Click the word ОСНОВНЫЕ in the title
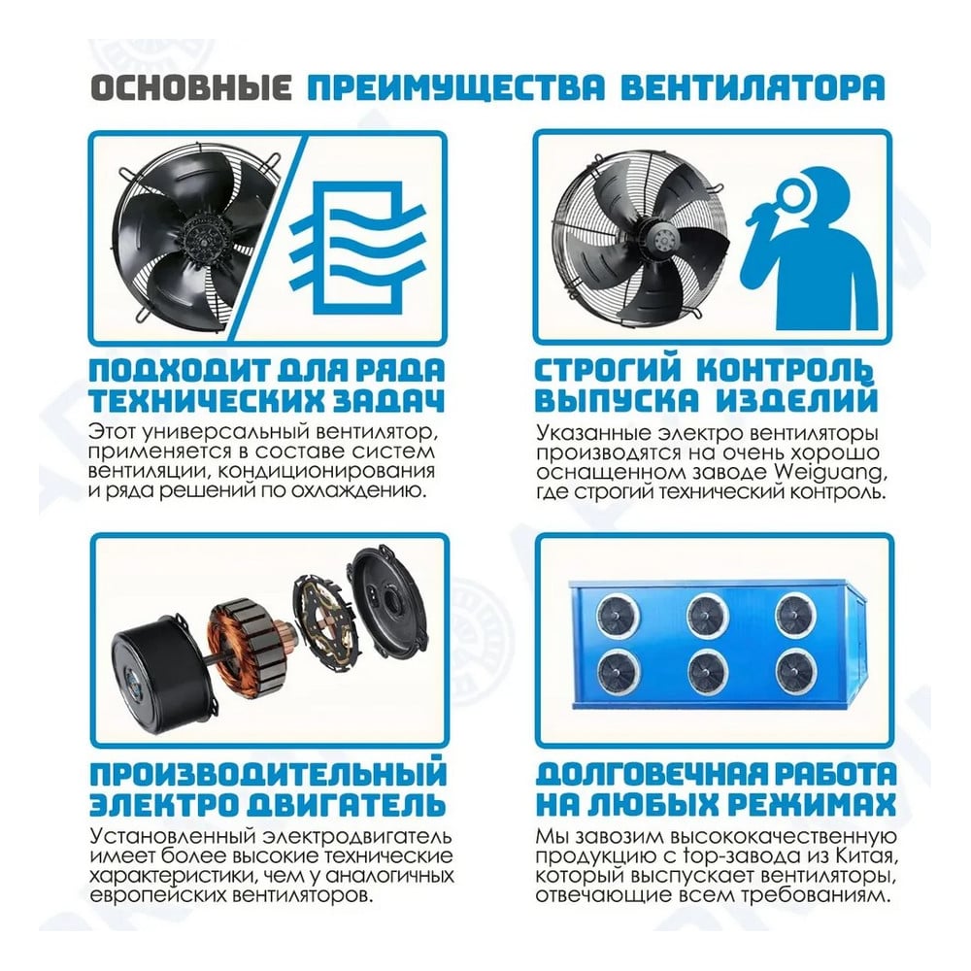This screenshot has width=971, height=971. coord(191,87)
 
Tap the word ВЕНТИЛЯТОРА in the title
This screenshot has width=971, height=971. coord(753,87)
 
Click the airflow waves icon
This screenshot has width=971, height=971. coord(357,248)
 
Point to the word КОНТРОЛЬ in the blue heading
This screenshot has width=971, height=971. coord(786,370)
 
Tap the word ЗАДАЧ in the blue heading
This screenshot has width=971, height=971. coord(390,401)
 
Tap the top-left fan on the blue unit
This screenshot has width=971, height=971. coord(618,616)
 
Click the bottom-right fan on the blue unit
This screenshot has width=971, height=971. coord(796,671)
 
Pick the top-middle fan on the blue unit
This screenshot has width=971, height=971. coord(708,616)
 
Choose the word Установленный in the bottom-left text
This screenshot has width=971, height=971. coord(175,837)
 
